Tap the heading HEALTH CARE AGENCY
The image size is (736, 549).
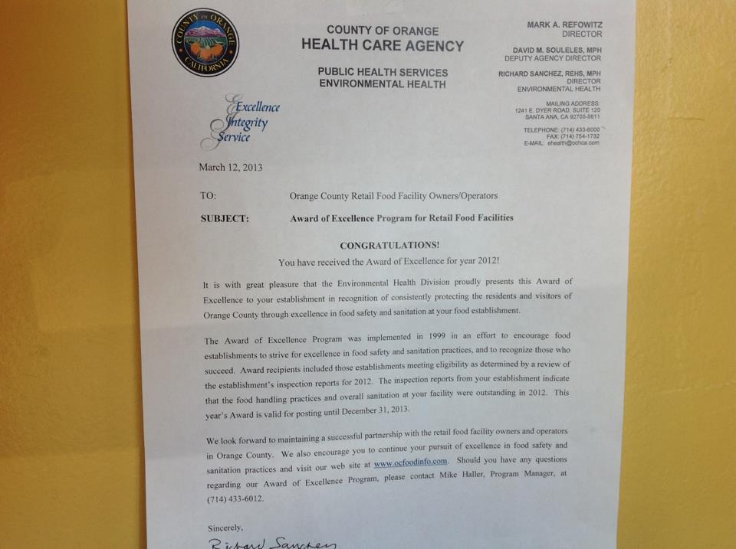pos(382,45)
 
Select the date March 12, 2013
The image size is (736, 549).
pos(230,167)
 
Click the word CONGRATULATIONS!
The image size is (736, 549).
pos(390,245)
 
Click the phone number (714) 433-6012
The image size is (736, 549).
pos(234,499)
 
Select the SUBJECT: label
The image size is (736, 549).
pos(224,218)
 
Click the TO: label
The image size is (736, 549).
pos(208,195)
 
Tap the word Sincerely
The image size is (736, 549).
pos(225,528)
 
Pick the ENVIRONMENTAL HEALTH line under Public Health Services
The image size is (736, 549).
pos(383,84)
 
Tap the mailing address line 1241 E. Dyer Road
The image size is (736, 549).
pos(557,110)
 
